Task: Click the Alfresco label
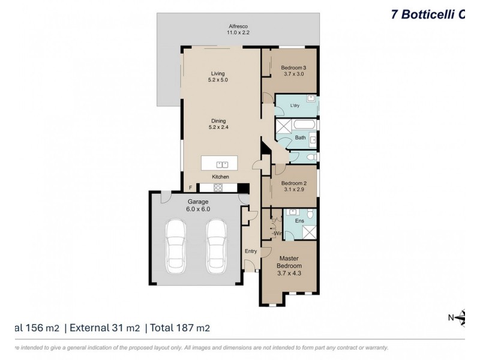(x=238, y=26)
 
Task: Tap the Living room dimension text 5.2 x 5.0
(x=218, y=79)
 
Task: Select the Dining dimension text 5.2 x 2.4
(x=218, y=127)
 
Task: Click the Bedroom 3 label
(x=293, y=68)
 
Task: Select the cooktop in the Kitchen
(x=218, y=187)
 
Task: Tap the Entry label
(x=250, y=251)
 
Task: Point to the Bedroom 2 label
(x=295, y=184)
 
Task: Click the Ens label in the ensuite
(x=299, y=221)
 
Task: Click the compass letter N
(x=452, y=317)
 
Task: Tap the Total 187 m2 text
(x=180, y=328)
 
